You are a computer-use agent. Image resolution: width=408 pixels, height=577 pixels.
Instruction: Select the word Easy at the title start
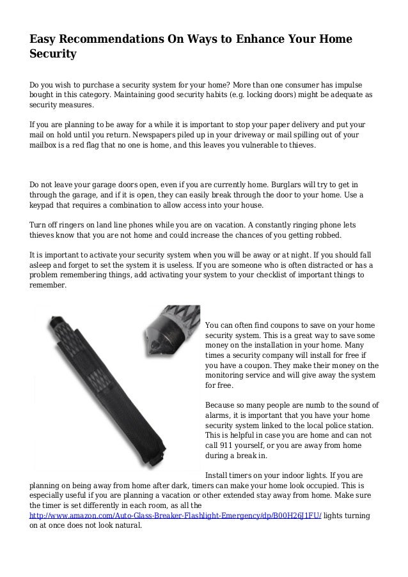pyautogui.click(x=47, y=40)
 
